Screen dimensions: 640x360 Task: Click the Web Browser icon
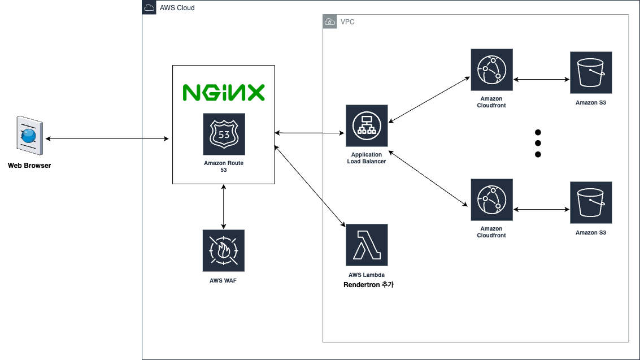30,136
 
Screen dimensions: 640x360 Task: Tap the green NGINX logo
224,93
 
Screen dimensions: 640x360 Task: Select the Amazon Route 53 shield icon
224,135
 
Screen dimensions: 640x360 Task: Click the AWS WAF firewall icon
224,250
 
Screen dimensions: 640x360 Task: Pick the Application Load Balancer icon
367,125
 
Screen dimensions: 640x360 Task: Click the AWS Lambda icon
367,245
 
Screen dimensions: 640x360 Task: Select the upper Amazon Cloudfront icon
492,70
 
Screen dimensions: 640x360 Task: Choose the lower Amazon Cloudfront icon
492,199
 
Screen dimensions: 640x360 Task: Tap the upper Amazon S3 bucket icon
591,73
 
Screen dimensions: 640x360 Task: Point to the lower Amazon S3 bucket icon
591,202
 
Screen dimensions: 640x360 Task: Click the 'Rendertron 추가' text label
368,284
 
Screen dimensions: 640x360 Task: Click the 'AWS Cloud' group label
177,8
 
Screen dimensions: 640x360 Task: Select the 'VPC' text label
347,22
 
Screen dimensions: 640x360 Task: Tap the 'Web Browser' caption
29,165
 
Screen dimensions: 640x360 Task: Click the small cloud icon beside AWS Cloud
149,7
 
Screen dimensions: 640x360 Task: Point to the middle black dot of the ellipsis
538,144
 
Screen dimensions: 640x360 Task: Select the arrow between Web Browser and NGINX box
107,139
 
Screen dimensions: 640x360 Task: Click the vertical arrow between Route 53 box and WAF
224,206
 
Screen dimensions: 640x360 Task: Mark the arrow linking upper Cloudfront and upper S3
542,79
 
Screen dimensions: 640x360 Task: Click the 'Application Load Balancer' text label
367,158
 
